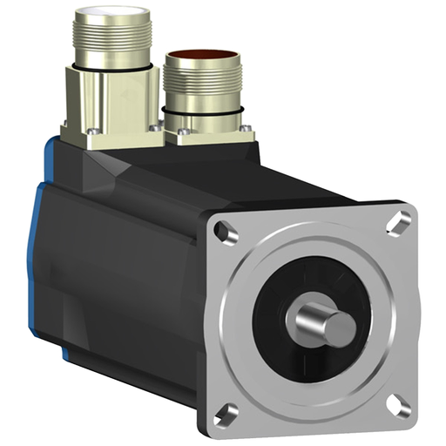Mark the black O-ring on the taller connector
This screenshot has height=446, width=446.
[x=105, y=65]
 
